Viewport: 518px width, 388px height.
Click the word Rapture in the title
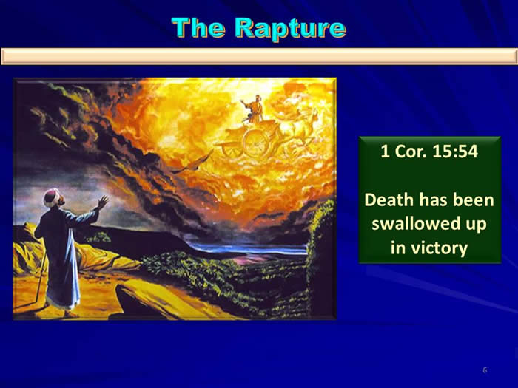pos(291,29)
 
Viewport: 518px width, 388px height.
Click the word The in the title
pos(199,27)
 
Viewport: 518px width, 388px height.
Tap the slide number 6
pos(485,370)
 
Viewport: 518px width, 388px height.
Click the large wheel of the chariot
pos(256,143)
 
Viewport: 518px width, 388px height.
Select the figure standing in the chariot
pos(254,109)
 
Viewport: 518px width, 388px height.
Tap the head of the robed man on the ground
pos(53,197)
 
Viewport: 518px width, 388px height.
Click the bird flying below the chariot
pos(194,163)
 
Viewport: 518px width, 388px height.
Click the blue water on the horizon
pos(249,249)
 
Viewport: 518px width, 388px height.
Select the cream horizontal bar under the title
pos(259,56)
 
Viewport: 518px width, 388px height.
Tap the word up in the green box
pos(476,225)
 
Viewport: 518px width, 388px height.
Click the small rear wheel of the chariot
pos(231,150)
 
